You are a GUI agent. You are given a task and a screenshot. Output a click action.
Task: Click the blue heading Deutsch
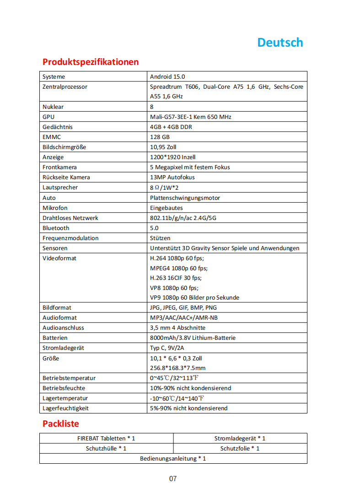tap(280, 43)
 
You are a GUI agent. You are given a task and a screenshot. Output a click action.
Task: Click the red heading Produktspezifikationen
tap(91, 62)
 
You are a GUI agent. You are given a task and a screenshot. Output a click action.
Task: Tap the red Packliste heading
tap(61, 424)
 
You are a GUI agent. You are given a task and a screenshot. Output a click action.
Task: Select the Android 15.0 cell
tap(167, 76)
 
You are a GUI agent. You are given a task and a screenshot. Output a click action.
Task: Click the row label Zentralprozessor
tap(65, 86)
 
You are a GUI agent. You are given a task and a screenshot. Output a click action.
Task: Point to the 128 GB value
tap(160, 137)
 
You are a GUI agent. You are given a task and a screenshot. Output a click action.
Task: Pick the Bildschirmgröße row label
tap(64, 147)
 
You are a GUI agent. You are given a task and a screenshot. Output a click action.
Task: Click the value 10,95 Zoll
tap(163, 147)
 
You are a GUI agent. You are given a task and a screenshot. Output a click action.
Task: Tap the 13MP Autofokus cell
tap(172, 177)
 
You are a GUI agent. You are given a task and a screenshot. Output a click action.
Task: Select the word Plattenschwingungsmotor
tap(185, 198)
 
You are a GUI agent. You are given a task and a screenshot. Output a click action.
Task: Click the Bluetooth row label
tap(56, 228)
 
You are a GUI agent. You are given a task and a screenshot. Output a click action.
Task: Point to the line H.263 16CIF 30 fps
tap(176, 278)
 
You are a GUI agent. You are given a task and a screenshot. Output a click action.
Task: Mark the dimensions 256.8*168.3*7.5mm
tap(178, 368)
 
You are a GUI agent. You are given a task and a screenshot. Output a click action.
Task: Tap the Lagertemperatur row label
tap(65, 398)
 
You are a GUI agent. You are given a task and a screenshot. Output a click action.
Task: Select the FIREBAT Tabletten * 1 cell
tap(106, 438)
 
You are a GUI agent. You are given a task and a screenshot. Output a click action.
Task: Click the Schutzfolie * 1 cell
tap(240, 448)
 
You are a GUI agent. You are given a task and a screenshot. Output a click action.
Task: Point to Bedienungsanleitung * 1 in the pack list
tap(173, 458)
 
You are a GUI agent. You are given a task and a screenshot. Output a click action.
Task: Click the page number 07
tap(173, 479)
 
